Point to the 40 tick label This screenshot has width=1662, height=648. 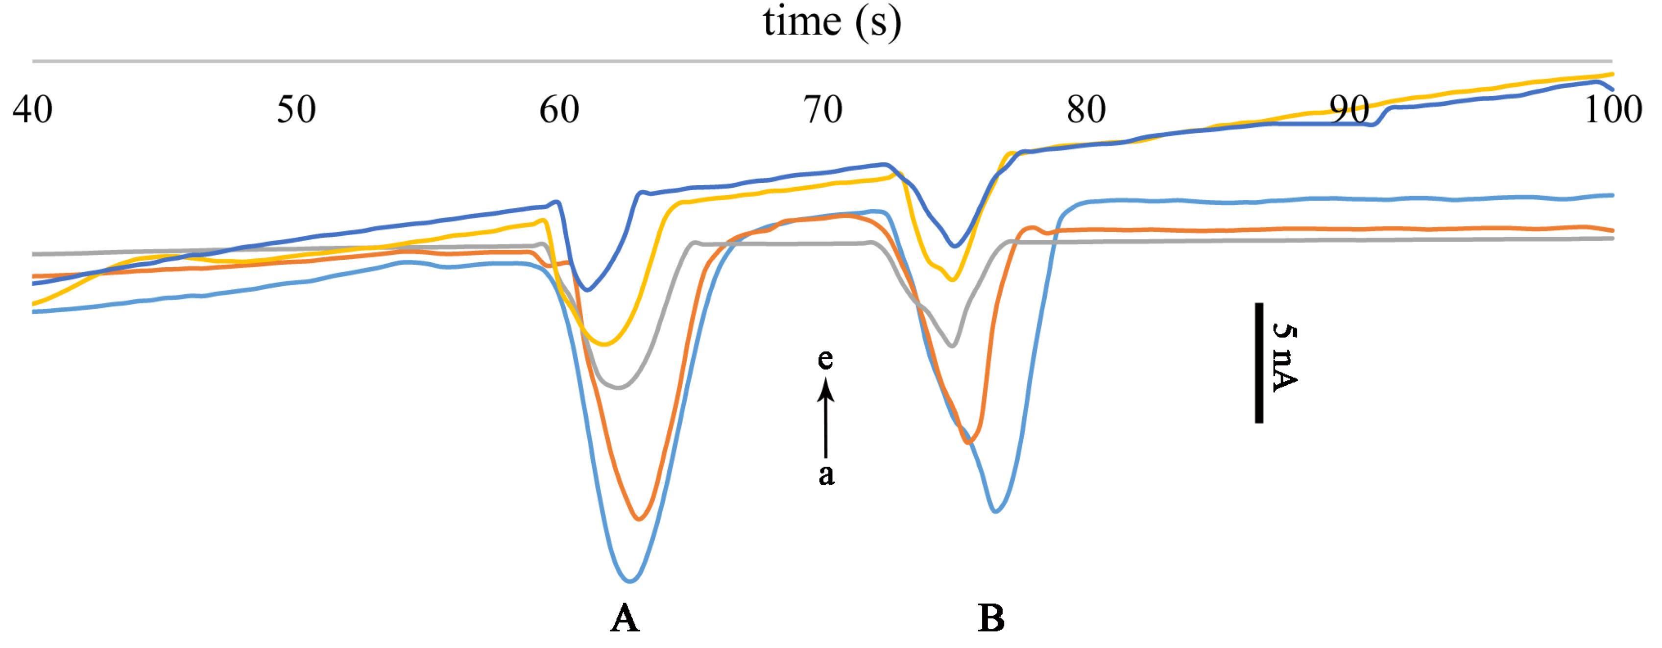coord(32,110)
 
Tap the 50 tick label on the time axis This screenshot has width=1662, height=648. coord(296,110)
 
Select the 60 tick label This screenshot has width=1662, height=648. coord(559,110)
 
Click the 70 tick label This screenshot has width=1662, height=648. coord(823,110)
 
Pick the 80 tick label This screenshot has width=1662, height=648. coord(1086,110)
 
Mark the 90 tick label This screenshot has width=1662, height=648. coord(1349,110)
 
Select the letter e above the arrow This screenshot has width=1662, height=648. coord(825,359)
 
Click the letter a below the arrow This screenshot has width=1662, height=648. coord(826,475)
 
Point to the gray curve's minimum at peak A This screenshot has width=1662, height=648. coord(618,388)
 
